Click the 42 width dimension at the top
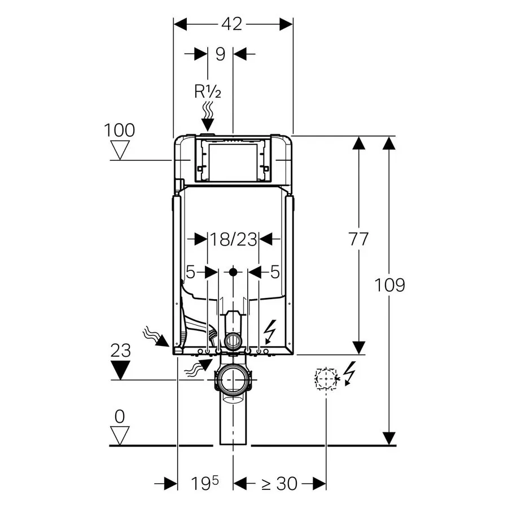[x=232, y=24]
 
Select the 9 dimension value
[x=220, y=54]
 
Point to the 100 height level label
[x=119, y=130]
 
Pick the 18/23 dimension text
[x=233, y=240]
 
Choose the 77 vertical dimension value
[x=358, y=239]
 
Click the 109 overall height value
[x=389, y=285]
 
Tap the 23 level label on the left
[x=121, y=350]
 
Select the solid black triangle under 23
[x=121, y=370]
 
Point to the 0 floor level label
[x=120, y=417]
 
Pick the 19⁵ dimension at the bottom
[x=205, y=483]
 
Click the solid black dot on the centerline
[x=233, y=272]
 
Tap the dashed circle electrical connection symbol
[x=326, y=378]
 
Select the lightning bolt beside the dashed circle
[x=350, y=373]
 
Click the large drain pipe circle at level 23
[x=233, y=380]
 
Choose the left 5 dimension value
[x=191, y=272]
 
